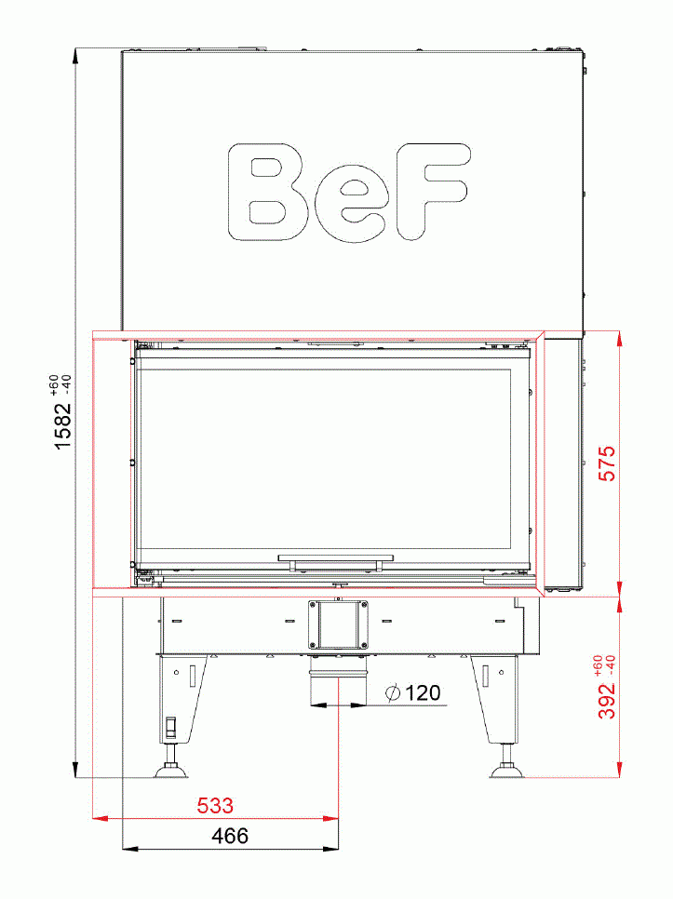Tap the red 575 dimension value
click(607, 463)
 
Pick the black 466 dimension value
click(230, 836)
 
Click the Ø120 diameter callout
click(411, 692)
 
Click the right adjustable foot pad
click(507, 770)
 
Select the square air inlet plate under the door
click(337, 624)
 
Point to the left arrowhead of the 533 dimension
click(99, 819)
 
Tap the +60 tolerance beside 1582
click(54, 384)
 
